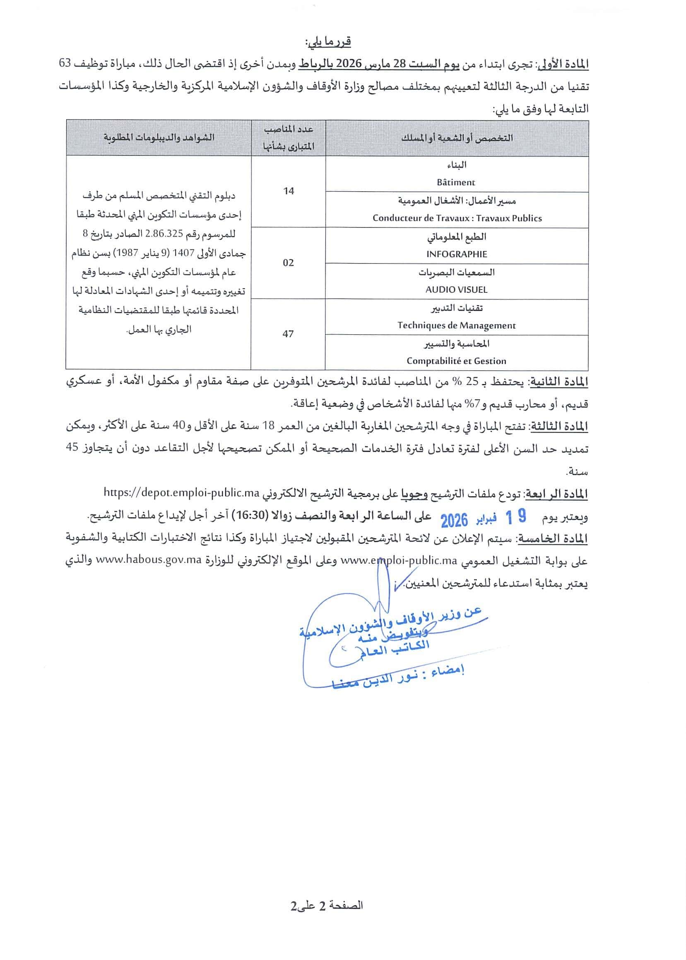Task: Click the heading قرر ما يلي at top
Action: pyautogui.click(x=328, y=42)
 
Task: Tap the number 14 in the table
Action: pyautogui.click(x=289, y=191)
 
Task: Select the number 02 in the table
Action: pyautogui.click(x=288, y=263)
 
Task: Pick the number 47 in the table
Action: pyautogui.click(x=288, y=334)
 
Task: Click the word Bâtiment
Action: pyautogui.click(x=456, y=183)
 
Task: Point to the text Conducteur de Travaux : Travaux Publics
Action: pyautogui.click(x=457, y=218)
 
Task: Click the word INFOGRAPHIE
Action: pyautogui.click(x=457, y=254)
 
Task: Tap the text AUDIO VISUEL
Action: pyautogui.click(x=456, y=290)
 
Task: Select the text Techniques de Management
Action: pyautogui.click(x=456, y=326)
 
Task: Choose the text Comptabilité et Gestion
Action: pyautogui.click(x=456, y=361)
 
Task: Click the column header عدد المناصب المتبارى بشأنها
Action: pyautogui.click(x=289, y=138)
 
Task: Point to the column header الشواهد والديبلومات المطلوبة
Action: pyautogui.click(x=159, y=138)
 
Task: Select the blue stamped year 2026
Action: pyautogui.click(x=454, y=520)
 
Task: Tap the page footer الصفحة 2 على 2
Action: pyautogui.click(x=327, y=905)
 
